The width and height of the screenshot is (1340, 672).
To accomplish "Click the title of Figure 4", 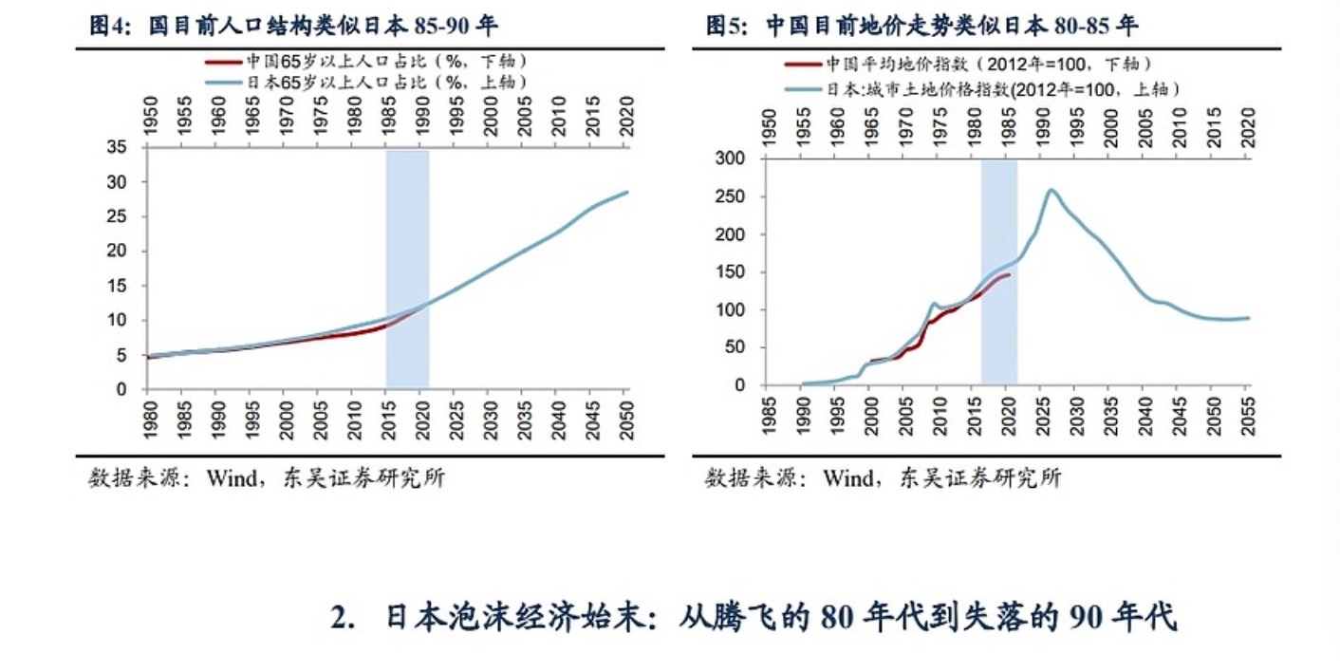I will point(293,27).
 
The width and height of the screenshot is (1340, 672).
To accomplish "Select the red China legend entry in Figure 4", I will point(365,62).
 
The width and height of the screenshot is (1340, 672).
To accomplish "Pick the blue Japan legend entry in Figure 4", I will point(365,83).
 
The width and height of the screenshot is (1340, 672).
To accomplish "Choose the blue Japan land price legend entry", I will point(982,90).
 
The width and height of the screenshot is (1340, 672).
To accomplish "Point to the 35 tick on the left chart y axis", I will point(115,148).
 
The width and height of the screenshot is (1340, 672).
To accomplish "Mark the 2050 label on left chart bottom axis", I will point(624,418).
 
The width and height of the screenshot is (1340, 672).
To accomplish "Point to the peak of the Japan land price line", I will point(1052,190).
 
